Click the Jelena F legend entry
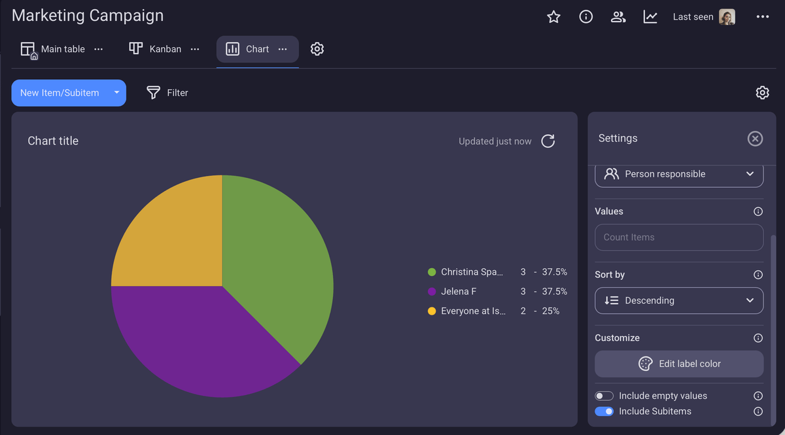(458, 291)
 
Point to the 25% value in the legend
(550, 311)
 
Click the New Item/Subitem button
(60, 93)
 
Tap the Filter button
(167, 93)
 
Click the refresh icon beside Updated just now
(548, 141)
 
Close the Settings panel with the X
(755, 139)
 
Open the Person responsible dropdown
(679, 174)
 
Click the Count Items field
(679, 237)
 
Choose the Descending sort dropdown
(679, 300)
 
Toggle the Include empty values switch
(604, 396)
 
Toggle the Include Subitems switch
(604, 411)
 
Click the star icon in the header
(553, 17)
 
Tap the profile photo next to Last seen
(727, 17)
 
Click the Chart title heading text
(53, 141)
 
